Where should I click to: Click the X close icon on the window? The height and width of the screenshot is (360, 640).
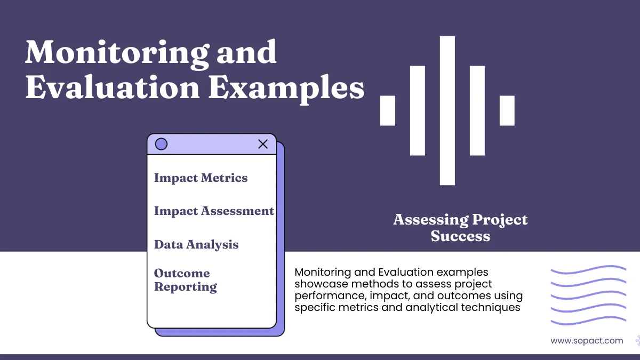(263, 144)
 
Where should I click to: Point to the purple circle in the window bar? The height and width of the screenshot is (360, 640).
(161, 144)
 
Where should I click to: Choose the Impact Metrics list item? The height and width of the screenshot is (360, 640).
(201, 178)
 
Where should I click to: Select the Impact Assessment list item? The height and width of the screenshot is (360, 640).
(214, 211)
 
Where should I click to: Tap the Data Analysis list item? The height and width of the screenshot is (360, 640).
(196, 245)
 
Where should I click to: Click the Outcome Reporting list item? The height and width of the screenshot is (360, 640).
(185, 280)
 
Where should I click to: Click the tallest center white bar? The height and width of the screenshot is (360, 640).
(447, 110)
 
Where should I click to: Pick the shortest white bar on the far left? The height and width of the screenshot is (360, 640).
(388, 110)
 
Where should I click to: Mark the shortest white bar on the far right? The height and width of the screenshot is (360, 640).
(507, 110)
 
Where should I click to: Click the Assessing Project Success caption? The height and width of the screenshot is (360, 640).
(460, 228)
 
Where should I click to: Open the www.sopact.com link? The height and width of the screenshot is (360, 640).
(587, 340)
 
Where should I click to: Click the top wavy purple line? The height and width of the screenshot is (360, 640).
(588, 270)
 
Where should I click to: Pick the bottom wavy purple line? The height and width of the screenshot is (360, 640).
(588, 322)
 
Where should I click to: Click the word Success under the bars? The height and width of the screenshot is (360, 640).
(460, 236)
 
